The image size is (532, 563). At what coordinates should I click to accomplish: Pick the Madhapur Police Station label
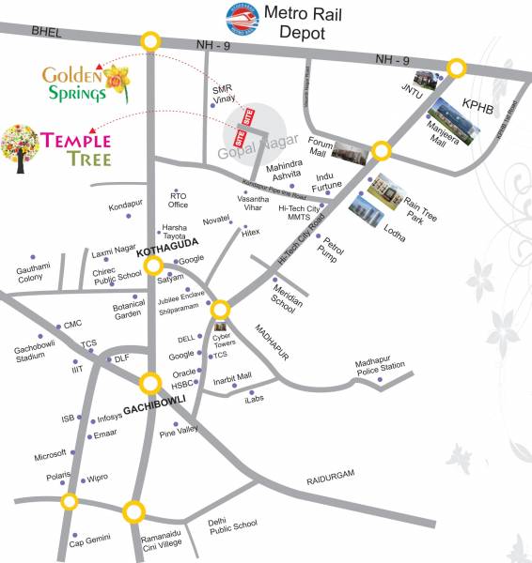[380, 365]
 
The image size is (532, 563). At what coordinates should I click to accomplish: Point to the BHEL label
[44, 31]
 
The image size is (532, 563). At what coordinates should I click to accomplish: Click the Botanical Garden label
[129, 311]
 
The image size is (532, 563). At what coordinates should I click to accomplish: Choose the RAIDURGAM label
[331, 478]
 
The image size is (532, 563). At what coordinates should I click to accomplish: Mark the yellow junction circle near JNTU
[456, 68]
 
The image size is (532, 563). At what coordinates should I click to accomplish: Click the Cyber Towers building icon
[222, 327]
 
